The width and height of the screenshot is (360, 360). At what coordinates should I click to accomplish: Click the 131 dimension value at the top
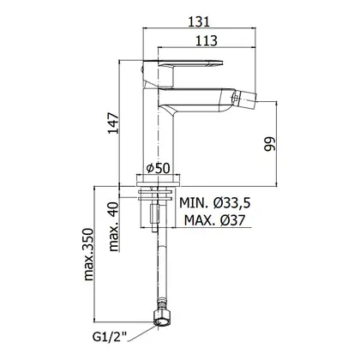coord(199,21)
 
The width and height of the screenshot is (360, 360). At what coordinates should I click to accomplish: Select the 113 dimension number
coord(207,40)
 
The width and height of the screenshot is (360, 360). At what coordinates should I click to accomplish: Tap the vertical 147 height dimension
coord(113,123)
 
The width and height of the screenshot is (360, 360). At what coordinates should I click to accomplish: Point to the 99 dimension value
coord(270,144)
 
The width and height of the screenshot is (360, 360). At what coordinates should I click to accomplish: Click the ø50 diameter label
coord(158,168)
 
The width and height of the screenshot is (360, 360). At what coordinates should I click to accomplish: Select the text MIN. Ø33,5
coord(215,203)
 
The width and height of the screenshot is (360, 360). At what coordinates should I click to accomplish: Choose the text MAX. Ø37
coord(214,220)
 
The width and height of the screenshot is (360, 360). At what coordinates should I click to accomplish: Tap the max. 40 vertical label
coord(114,226)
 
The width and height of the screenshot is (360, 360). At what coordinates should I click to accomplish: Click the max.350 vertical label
coord(89,255)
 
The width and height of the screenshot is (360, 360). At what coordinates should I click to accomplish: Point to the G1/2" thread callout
coord(110,337)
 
